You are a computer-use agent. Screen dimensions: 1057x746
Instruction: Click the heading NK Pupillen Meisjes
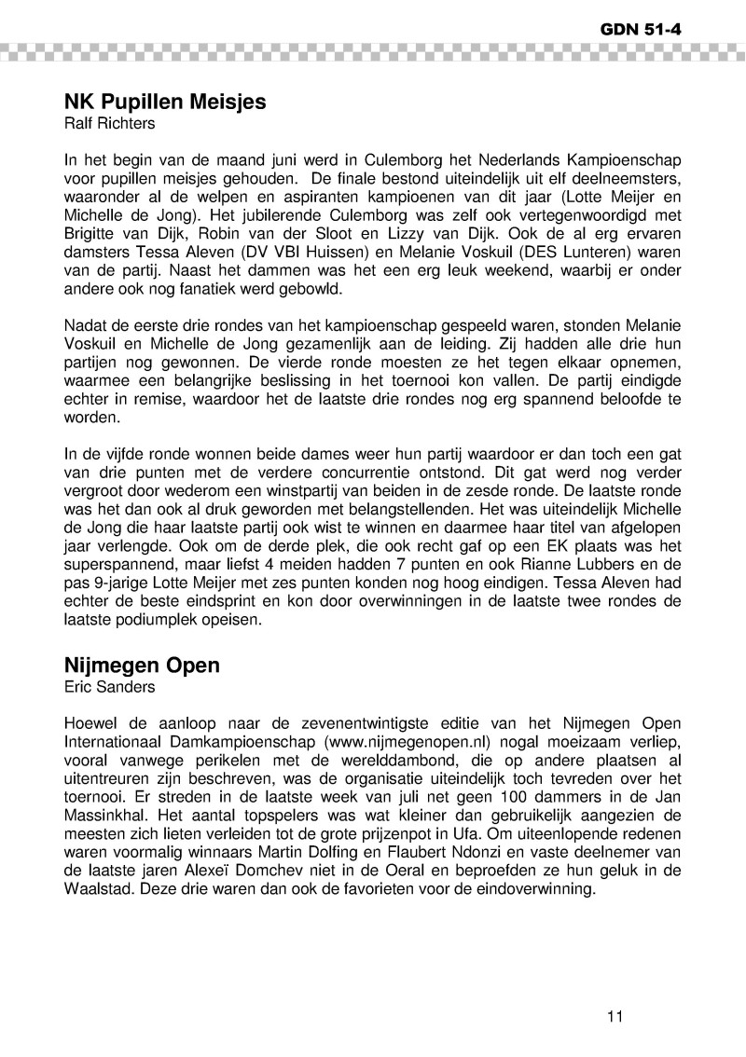pyautogui.click(x=165, y=103)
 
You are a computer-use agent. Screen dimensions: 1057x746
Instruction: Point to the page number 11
pyautogui.click(x=614, y=1016)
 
